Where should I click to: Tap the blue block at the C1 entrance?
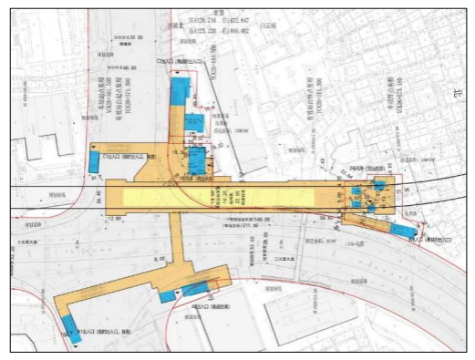tap(94, 161)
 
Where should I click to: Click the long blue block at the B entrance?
tap(400, 229)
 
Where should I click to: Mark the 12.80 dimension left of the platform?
tap(115, 219)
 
